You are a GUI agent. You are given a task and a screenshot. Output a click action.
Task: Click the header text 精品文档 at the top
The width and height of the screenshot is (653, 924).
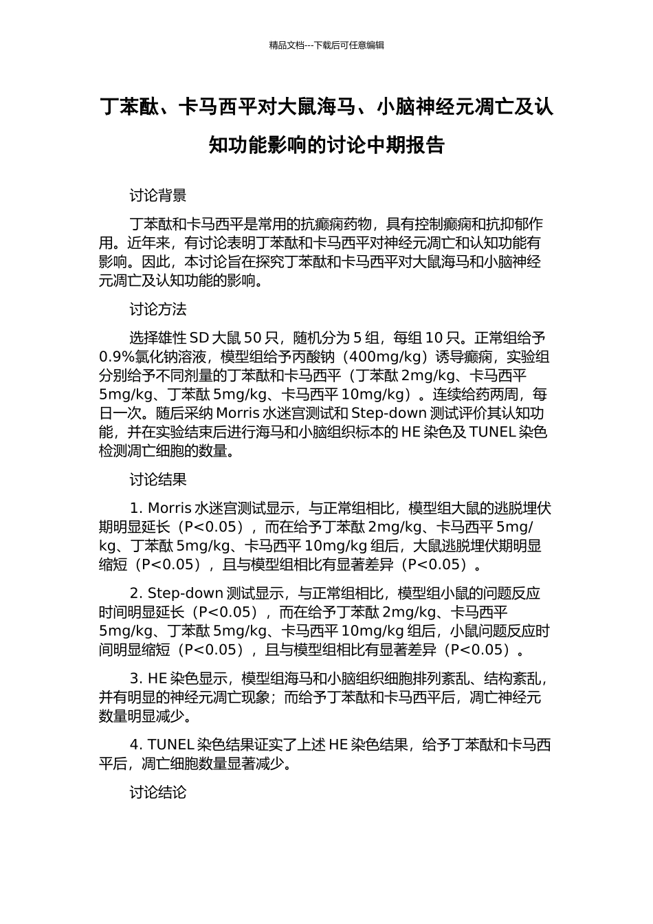point(287,45)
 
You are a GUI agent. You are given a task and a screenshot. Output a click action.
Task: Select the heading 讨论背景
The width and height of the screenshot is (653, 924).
point(158,196)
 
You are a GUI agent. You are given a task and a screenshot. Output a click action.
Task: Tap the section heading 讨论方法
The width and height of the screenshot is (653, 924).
point(158,309)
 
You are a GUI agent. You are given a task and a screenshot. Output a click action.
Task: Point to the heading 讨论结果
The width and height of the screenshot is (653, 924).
point(158,480)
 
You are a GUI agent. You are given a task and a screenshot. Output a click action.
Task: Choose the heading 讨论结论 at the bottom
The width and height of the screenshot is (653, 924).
point(158,792)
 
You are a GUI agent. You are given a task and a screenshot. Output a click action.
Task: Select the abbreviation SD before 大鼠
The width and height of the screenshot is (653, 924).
point(199,338)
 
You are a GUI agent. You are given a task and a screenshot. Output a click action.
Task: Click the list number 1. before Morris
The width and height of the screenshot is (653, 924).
point(135,509)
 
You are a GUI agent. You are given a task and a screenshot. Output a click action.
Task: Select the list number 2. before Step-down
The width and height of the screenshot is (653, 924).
point(135,594)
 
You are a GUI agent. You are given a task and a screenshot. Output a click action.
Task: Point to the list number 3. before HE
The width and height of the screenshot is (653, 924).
point(135,679)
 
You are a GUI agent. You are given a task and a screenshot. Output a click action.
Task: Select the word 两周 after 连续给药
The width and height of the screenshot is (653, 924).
point(505,395)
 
